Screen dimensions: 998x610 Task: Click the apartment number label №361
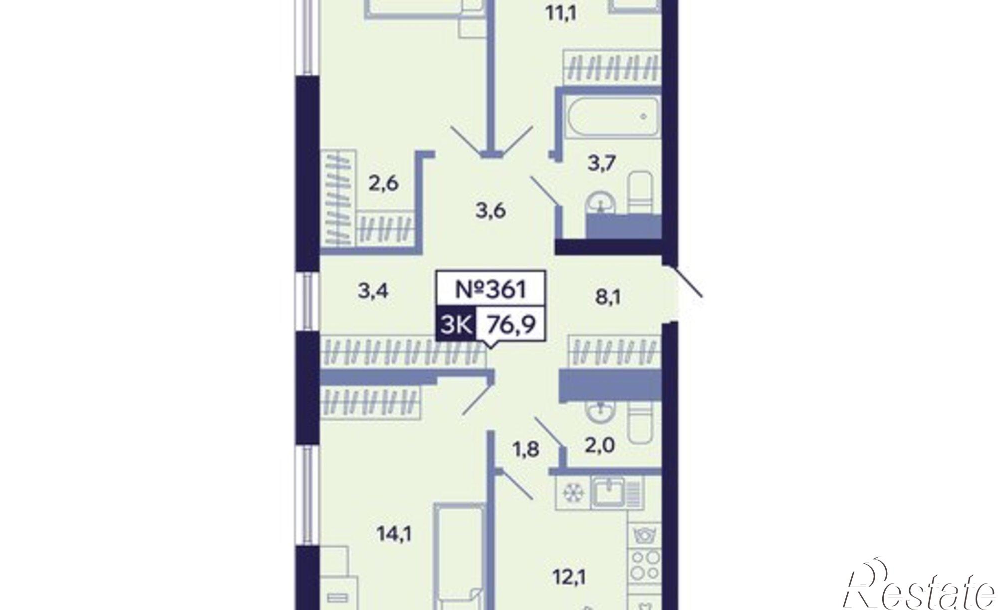(491, 289)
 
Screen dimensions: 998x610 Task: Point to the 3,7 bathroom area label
(602, 163)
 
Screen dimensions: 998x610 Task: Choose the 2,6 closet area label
(383, 184)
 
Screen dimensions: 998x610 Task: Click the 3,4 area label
(373, 290)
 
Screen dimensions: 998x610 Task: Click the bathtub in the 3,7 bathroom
(610, 118)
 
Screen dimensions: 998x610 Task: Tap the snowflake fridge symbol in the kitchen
(572, 493)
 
